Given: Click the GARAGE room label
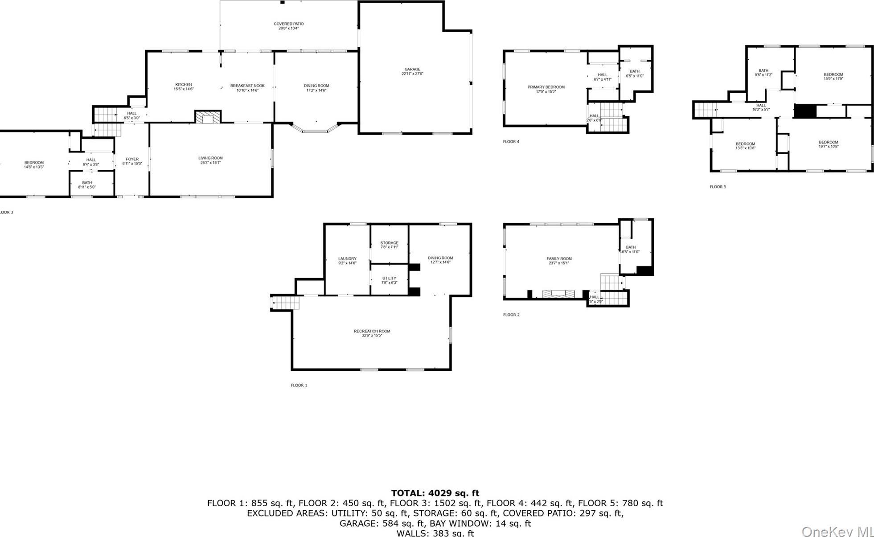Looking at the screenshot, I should coord(412,71).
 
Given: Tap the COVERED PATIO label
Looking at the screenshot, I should coord(288,26).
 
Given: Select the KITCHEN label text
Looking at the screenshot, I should coord(183,86).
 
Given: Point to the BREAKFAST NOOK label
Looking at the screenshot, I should coord(247,88).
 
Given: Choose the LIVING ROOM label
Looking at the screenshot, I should coord(210,160).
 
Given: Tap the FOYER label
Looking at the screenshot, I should coord(132,161).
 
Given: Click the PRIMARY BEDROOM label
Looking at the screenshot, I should coord(546,89).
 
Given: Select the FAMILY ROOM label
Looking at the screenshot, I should coord(559,261).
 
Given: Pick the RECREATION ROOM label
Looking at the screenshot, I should coord(372,333).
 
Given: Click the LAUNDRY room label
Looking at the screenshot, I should coord(347,261).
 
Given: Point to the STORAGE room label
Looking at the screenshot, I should coord(389,245).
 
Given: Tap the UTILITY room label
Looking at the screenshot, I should coord(389,280).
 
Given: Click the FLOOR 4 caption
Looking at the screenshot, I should coord(511,142).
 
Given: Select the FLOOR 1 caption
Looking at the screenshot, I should coord(299,385).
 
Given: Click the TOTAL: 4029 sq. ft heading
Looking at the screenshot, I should coord(435,493).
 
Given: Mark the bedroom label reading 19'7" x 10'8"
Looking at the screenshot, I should coord(828,144).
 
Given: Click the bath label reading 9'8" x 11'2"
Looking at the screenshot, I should coord(763,73).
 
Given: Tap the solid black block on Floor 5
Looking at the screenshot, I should coord(805,111).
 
